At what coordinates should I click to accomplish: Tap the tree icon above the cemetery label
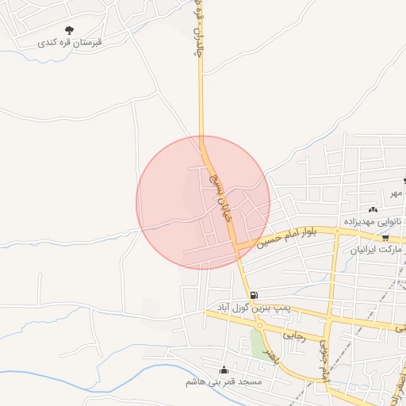[78, 30]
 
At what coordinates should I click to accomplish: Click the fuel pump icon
[253, 296]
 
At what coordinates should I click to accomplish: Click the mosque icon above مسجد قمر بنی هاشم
[224, 370]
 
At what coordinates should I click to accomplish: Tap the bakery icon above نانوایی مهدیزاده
[373, 209]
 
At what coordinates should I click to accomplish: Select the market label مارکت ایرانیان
[378, 249]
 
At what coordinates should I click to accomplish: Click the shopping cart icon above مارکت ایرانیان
[385, 237]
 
